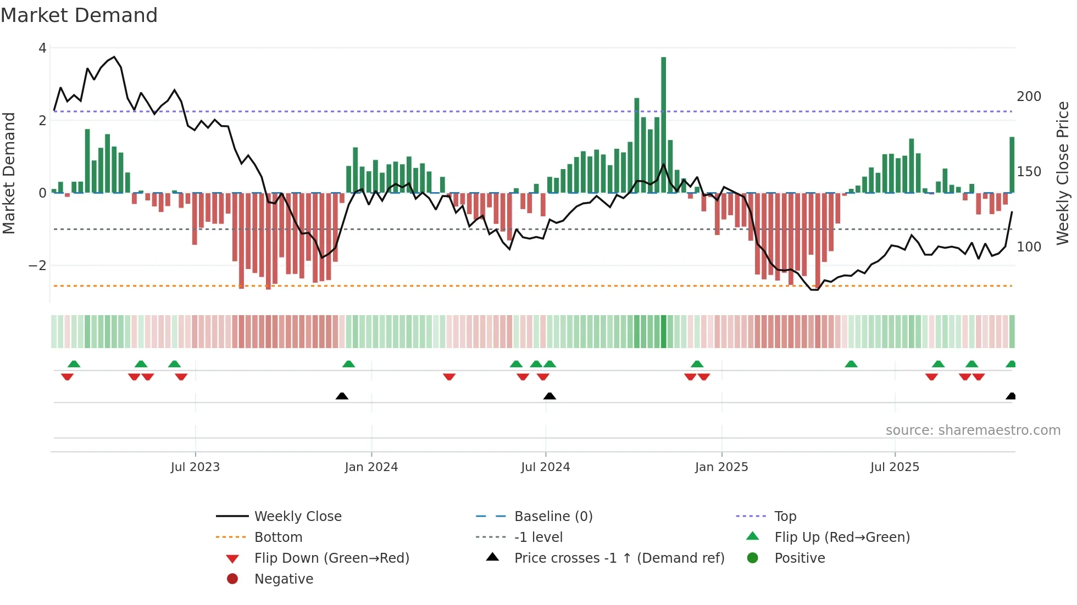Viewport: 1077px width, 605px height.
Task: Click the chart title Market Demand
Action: click(x=79, y=15)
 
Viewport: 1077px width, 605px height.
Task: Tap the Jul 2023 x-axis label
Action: click(x=195, y=467)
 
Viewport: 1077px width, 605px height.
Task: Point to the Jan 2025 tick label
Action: click(x=721, y=467)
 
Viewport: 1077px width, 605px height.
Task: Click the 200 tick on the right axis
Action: click(x=1029, y=97)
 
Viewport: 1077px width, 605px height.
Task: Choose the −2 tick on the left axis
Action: click(x=38, y=266)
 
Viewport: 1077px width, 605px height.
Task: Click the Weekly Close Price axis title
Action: click(x=1063, y=173)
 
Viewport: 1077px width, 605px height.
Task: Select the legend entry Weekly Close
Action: click(x=297, y=517)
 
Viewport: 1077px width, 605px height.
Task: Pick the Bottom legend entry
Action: click(x=278, y=537)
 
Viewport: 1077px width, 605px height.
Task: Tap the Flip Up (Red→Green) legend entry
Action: click(x=842, y=537)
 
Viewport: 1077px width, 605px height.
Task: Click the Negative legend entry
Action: click(x=284, y=579)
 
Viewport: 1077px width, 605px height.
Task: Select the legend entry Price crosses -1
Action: click(x=619, y=558)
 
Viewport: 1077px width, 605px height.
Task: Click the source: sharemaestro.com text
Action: click(x=973, y=430)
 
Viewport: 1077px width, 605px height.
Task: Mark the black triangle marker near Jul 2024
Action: click(x=549, y=396)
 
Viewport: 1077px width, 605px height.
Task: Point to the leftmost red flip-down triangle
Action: click(x=67, y=377)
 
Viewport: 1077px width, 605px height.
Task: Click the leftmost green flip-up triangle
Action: click(x=74, y=364)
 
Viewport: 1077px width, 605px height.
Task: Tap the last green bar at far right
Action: click(x=1012, y=165)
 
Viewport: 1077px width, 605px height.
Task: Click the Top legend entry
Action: click(x=785, y=517)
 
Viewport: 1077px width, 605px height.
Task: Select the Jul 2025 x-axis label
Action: click(x=895, y=467)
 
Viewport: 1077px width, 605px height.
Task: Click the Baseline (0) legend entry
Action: click(x=553, y=517)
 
